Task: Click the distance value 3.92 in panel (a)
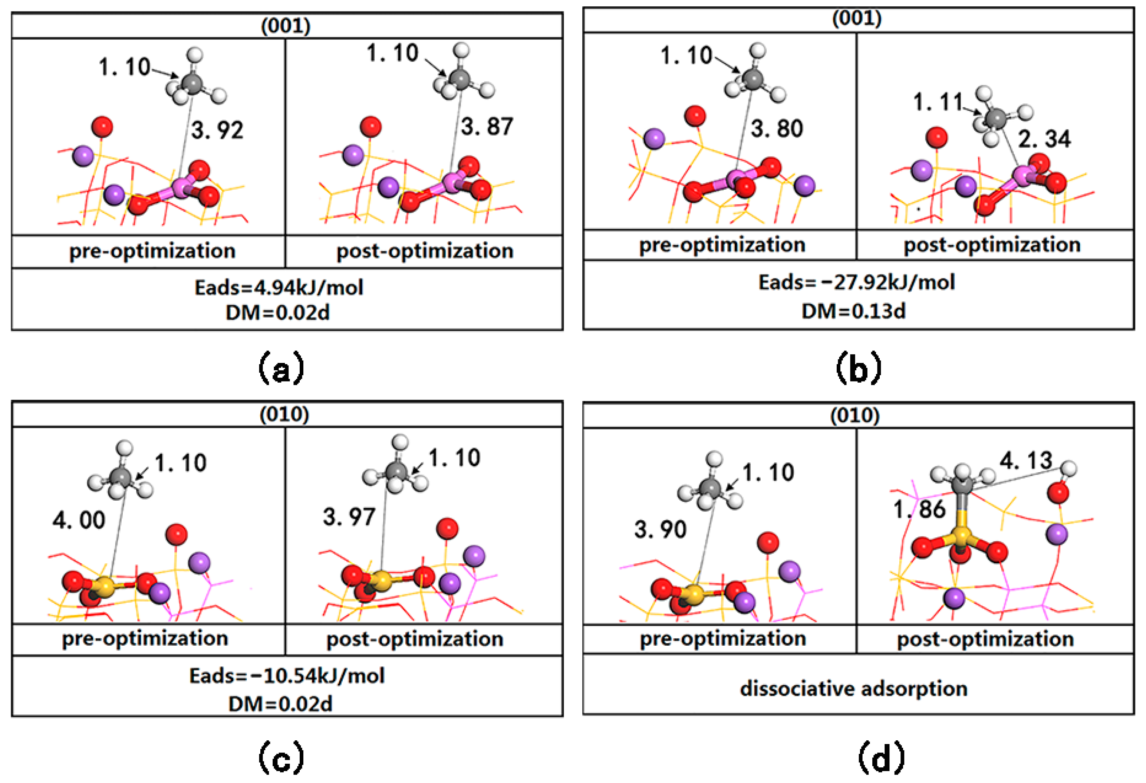point(217,130)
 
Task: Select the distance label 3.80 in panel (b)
point(777,128)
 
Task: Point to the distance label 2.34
point(1044,139)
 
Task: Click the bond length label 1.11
point(938,102)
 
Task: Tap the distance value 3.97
point(349,517)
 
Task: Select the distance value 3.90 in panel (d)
point(660,530)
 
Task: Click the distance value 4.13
point(1026,461)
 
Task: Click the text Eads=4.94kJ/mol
point(279,288)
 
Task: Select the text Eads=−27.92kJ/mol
point(857,282)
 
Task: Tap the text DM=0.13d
point(854,311)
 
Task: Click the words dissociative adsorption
point(854,688)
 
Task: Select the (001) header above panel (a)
point(286,26)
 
